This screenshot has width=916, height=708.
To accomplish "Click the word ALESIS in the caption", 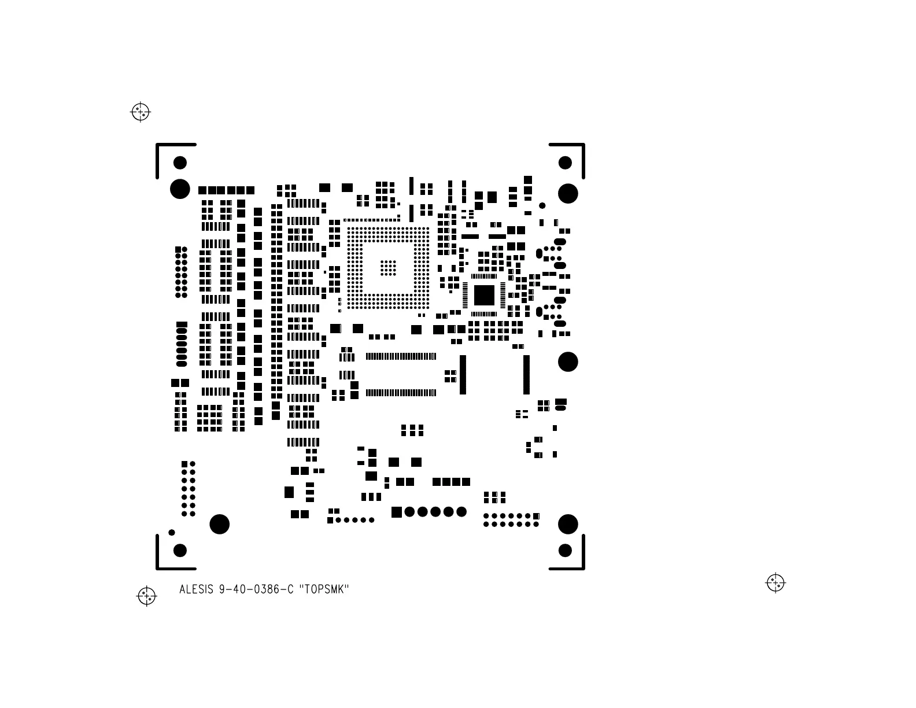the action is [197, 590].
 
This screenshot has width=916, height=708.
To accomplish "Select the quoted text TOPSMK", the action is [324, 590].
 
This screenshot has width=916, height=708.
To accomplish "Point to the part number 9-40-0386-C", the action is [256, 590].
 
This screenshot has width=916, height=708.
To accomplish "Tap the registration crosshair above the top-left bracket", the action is [141, 112].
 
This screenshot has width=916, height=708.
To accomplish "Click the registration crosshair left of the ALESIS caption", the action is [146, 595].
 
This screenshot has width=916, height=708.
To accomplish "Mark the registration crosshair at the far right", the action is [775, 582].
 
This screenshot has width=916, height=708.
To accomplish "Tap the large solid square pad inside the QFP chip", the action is [484, 295].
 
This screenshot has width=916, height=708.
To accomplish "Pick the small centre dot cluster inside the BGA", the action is [388, 267].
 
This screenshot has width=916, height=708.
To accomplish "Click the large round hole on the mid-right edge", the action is [568, 362].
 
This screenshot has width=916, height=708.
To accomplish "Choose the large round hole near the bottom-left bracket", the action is [220, 524].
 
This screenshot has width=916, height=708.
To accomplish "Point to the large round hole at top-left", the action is [180, 189].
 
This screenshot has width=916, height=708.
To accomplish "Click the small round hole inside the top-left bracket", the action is [180, 163].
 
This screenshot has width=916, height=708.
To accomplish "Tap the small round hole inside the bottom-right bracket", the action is [565, 550].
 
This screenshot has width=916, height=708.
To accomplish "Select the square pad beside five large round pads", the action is [397, 511].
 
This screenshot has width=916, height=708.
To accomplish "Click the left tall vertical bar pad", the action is [463, 375].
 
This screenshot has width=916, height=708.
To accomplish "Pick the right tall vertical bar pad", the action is [526, 375].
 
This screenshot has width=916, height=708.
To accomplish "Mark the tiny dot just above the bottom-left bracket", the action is [172, 532].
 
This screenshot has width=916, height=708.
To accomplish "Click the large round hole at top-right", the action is [568, 193].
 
